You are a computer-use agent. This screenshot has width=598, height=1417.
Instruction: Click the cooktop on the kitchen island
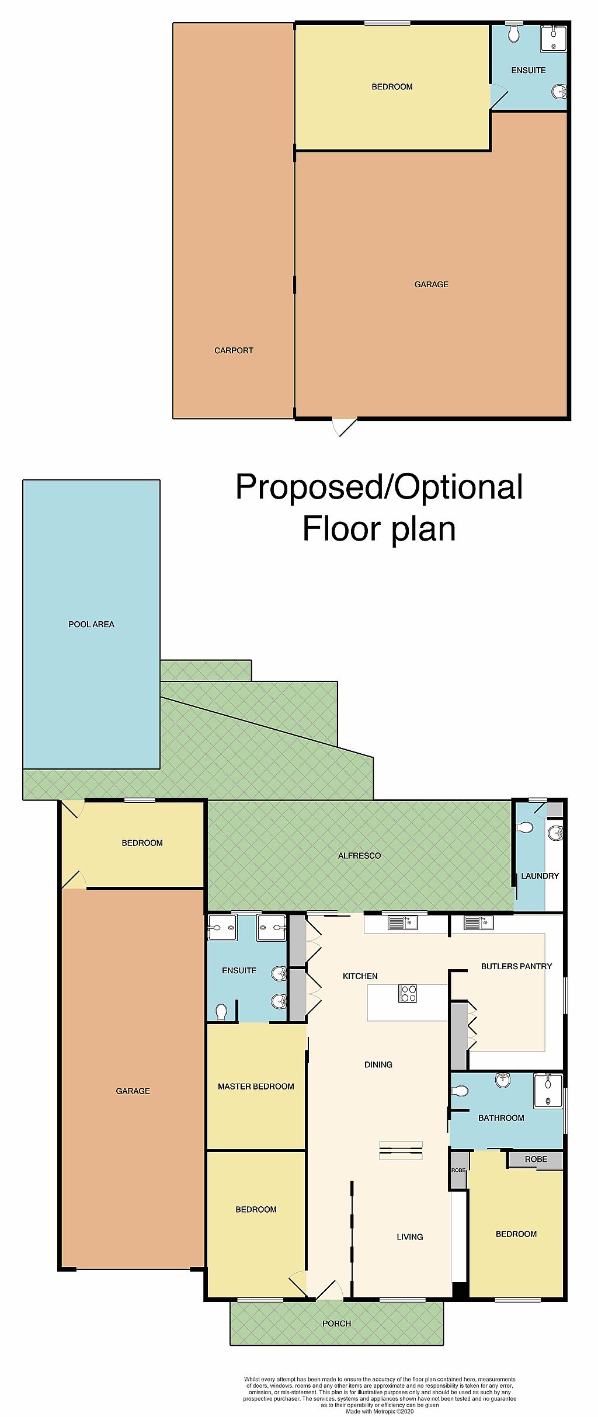pos(407,993)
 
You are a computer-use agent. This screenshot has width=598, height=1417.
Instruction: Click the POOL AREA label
pos(91,624)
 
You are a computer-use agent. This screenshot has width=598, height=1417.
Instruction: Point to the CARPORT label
pos(234,350)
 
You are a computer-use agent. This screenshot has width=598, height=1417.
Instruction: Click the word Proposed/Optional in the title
pos(378,487)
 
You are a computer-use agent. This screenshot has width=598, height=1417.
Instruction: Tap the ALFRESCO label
pos(359,855)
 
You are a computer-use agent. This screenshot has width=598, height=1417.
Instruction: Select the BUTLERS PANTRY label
pos(516,966)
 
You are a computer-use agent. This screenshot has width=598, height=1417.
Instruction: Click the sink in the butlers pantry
pos(478,923)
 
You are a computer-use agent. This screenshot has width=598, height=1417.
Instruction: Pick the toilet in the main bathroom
pos(460,1091)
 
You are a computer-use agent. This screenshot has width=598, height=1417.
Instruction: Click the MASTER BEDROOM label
pos(256,1087)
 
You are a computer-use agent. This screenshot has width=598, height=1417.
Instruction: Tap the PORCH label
pos(336,1324)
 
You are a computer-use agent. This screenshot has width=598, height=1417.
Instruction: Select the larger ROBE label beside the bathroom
pos(536,1159)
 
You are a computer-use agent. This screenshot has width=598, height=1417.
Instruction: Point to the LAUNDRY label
pos(540,876)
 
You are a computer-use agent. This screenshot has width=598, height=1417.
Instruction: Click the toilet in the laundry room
pos(524,827)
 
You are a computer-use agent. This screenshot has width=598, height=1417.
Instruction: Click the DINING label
pos(378,1064)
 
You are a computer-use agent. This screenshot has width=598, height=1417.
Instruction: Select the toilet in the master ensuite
pos(221,1011)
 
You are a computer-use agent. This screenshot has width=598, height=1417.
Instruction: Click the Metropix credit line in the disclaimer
pos(380,1411)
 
